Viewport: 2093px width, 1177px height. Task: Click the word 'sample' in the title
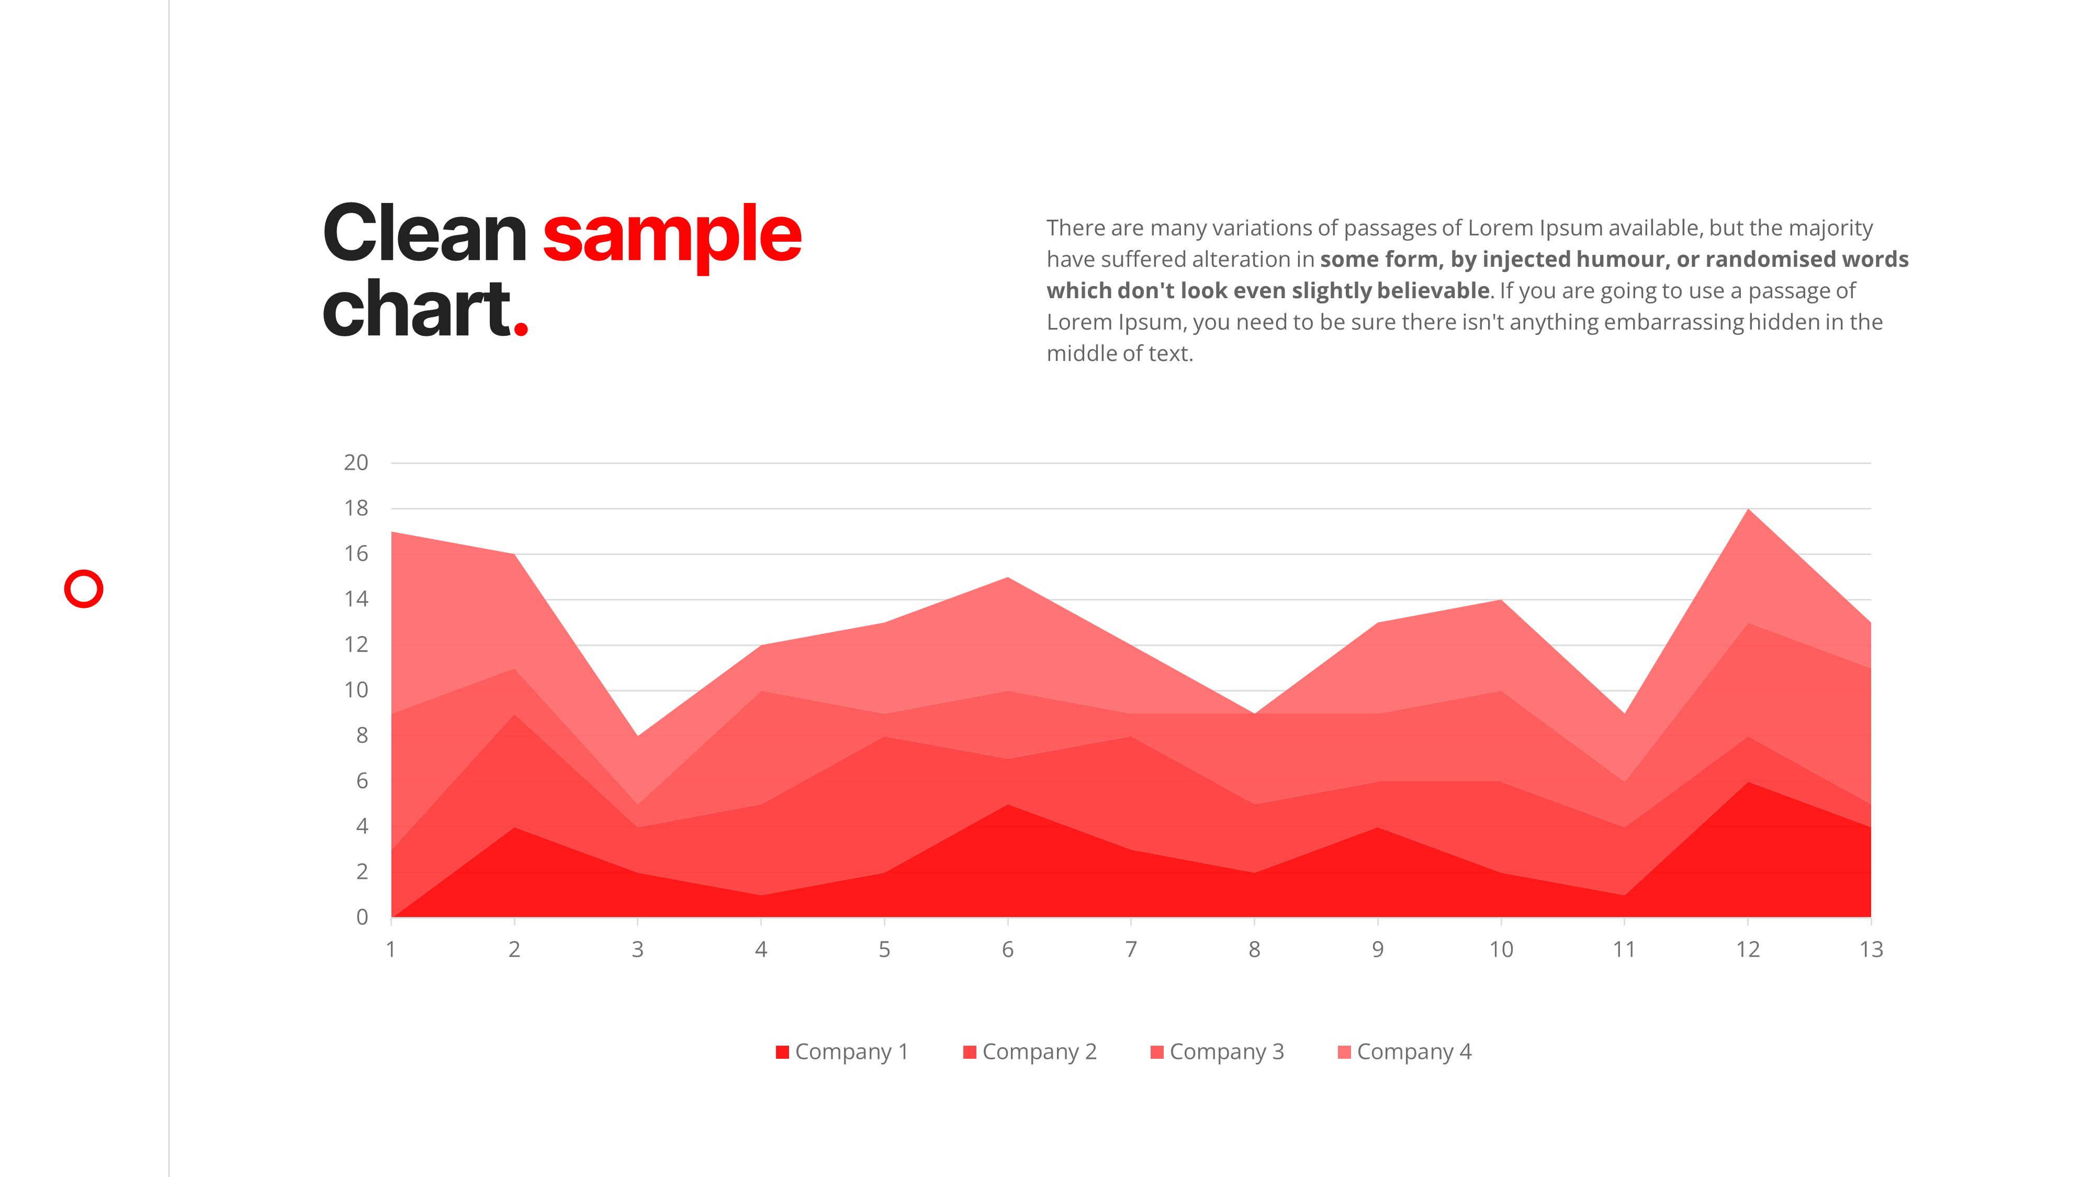coord(672,236)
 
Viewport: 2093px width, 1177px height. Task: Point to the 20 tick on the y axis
coord(356,463)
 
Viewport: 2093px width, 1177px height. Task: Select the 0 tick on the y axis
coord(363,917)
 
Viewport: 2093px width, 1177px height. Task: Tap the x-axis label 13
coord(1871,949)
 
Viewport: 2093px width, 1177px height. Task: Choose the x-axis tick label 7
coord(1131,949)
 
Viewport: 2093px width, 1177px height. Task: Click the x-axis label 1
coord(391,949)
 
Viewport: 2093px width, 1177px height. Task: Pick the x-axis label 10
coord(1501,949)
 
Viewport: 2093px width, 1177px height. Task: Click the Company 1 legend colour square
coord(782,1052)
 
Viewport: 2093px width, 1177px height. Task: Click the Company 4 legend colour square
coord(1344,1052)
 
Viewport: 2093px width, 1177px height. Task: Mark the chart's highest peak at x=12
coord(1748,510)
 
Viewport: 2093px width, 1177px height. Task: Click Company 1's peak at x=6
coord(1007,804)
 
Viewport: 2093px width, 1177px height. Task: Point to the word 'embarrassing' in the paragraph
coord(1674,322)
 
